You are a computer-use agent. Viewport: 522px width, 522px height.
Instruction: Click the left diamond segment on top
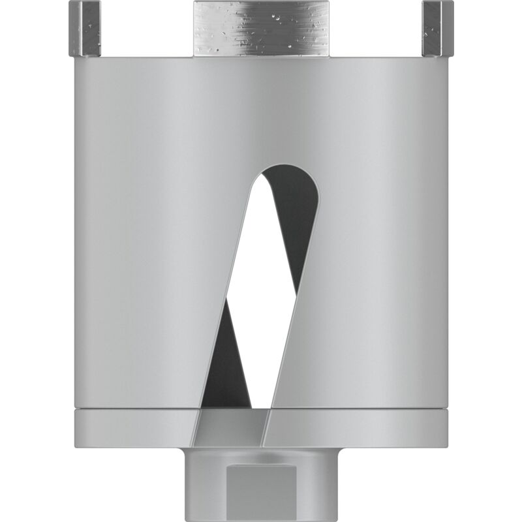point(85,29)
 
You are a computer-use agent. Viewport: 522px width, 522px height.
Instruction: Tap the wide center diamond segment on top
point(260,29)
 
